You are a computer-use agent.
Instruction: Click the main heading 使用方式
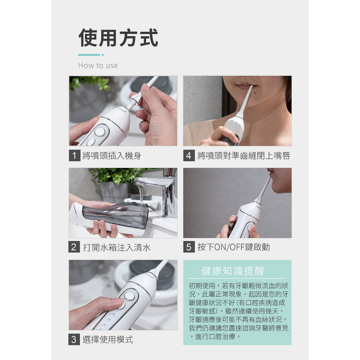coord(118,38)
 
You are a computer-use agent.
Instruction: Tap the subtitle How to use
coord(98,65)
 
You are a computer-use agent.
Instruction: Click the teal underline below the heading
coord(91,55)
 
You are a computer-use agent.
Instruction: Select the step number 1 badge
coord(75,155)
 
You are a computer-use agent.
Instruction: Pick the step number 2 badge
coord(74,247)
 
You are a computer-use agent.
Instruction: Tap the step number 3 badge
coord(74,339)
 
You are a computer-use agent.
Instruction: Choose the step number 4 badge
coord(189,155)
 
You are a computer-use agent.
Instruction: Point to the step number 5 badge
coord(189,247)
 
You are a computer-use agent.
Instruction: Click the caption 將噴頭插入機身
coord(111,156)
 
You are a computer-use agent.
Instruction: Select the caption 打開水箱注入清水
coord(117,247)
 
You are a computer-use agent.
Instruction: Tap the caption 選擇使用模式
coord(108,340)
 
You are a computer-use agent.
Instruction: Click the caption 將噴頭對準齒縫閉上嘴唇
coord(244,156)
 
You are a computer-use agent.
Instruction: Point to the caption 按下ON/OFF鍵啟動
coord(233,247)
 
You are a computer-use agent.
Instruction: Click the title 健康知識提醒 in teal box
coord(233,271)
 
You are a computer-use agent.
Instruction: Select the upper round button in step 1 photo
coord(100,132)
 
